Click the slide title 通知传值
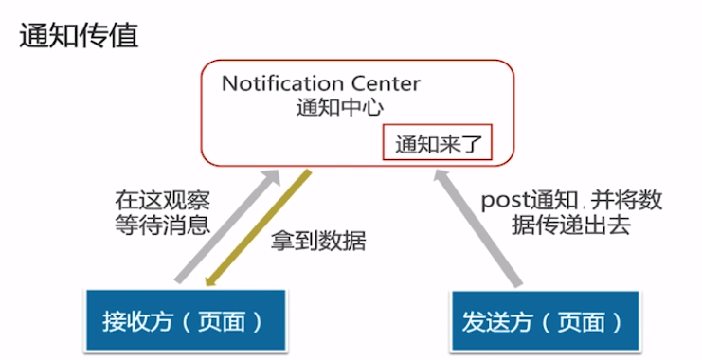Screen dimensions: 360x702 (79, 37)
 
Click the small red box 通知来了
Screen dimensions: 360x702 (438, 145)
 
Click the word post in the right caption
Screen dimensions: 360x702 (503, 201)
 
